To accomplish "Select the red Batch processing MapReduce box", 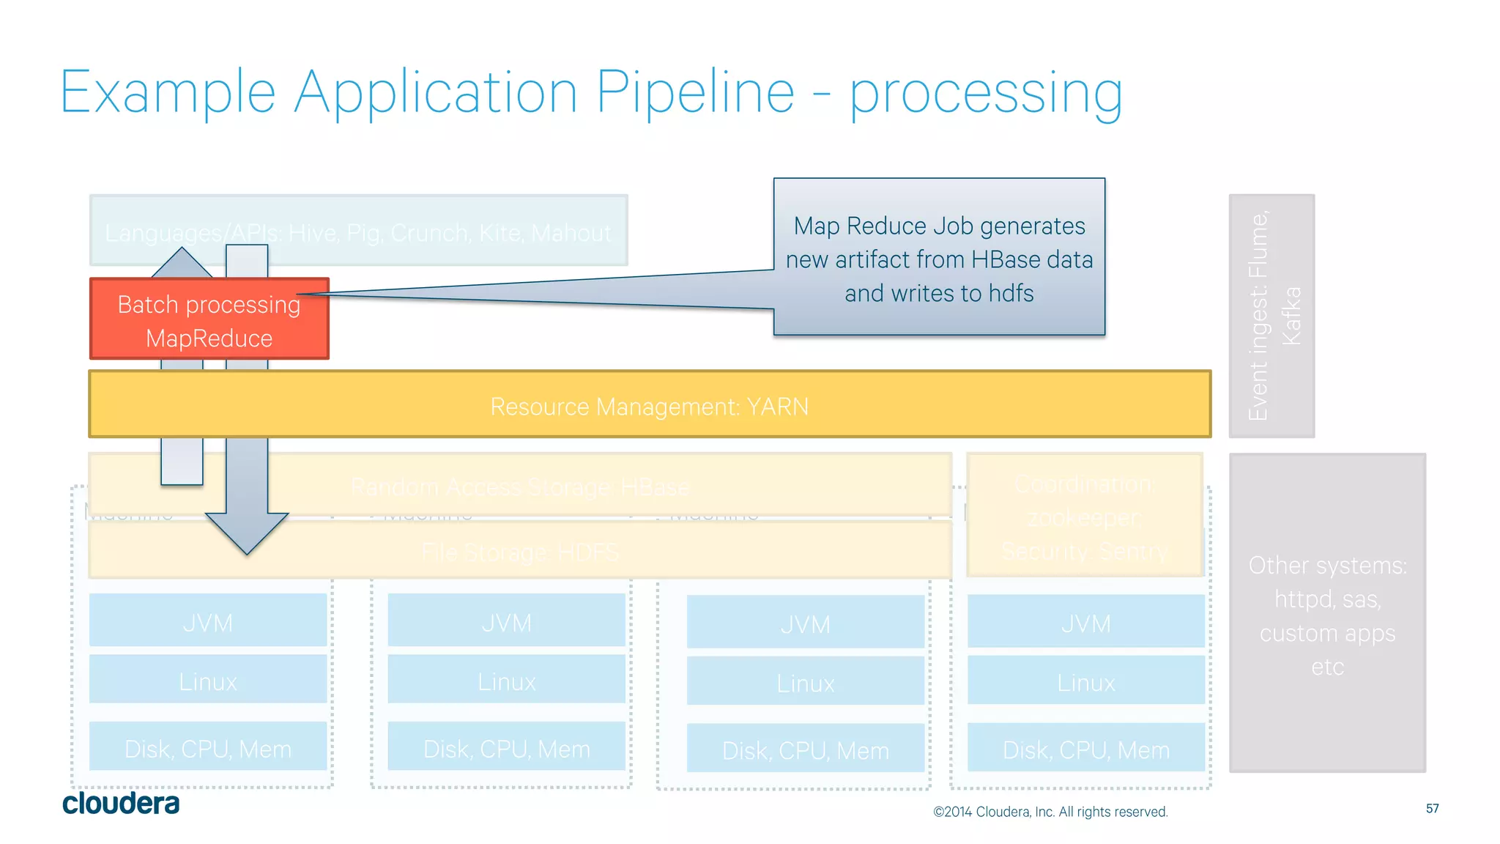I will pos(209,320).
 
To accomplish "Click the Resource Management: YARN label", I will pos(649,406).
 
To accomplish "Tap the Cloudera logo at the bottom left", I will pos(121,803).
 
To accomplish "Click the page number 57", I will pos(1432,808).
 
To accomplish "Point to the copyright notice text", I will pos(1050,812).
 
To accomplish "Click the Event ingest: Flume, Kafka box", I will pos(1271,316).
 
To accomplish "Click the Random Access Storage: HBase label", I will pos(520,486).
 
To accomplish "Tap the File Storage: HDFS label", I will pos(520,552).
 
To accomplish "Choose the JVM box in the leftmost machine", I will pos(208,622).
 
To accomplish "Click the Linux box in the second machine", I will pos(506,681).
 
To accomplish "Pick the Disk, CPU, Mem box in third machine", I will pos(805,749).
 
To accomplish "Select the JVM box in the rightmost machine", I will pos(1085,623).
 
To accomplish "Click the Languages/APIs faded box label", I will pos(357,232).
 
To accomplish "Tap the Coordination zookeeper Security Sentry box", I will pos(1084,517).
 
